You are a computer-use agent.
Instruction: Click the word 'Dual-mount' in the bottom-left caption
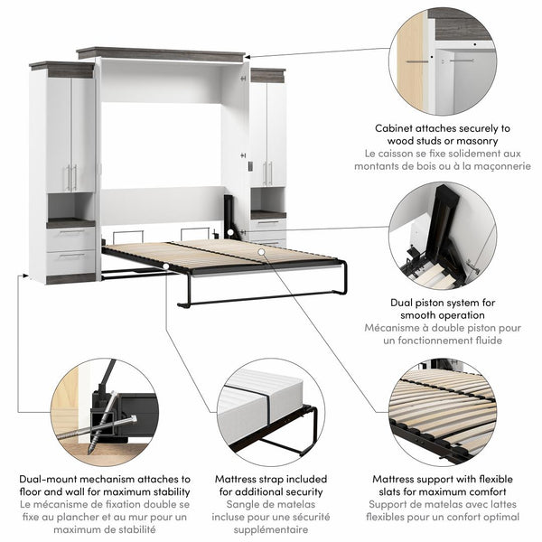[52, 480]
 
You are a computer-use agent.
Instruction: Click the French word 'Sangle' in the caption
[237, 505]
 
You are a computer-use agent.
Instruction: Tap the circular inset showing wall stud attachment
[442, 61]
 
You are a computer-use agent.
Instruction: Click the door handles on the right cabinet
[266, 173]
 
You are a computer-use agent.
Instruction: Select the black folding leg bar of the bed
[262, 298]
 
